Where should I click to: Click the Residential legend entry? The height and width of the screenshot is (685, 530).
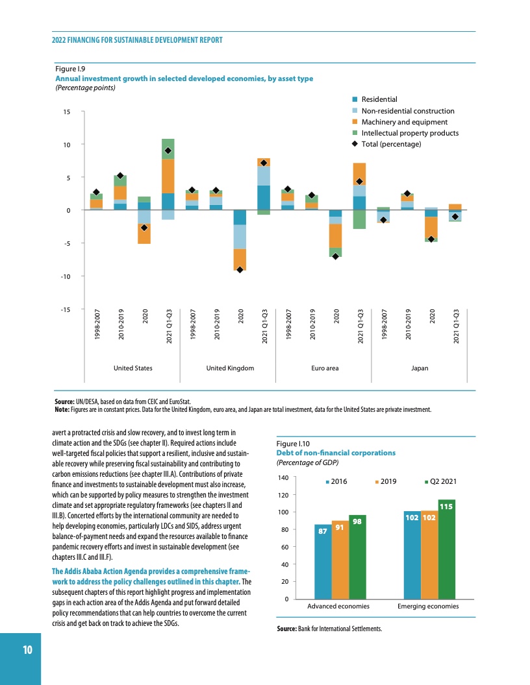pos(379,99)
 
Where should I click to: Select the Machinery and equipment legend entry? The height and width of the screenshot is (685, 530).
pos(404,122)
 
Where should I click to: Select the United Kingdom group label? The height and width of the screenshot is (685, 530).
pos(230,368)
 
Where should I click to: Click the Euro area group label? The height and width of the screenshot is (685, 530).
pos(325,368)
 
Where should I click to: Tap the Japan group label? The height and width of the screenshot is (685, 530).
pos(420,368)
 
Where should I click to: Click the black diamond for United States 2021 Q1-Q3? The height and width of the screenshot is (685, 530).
pos(168,150)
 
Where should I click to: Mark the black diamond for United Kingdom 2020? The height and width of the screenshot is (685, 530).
pos(240,270)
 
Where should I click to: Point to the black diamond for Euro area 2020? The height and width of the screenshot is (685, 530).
pos(335,256)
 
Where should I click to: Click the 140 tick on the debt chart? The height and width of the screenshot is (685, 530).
pos(283,478)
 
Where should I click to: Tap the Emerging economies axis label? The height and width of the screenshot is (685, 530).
pos(428,606)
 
